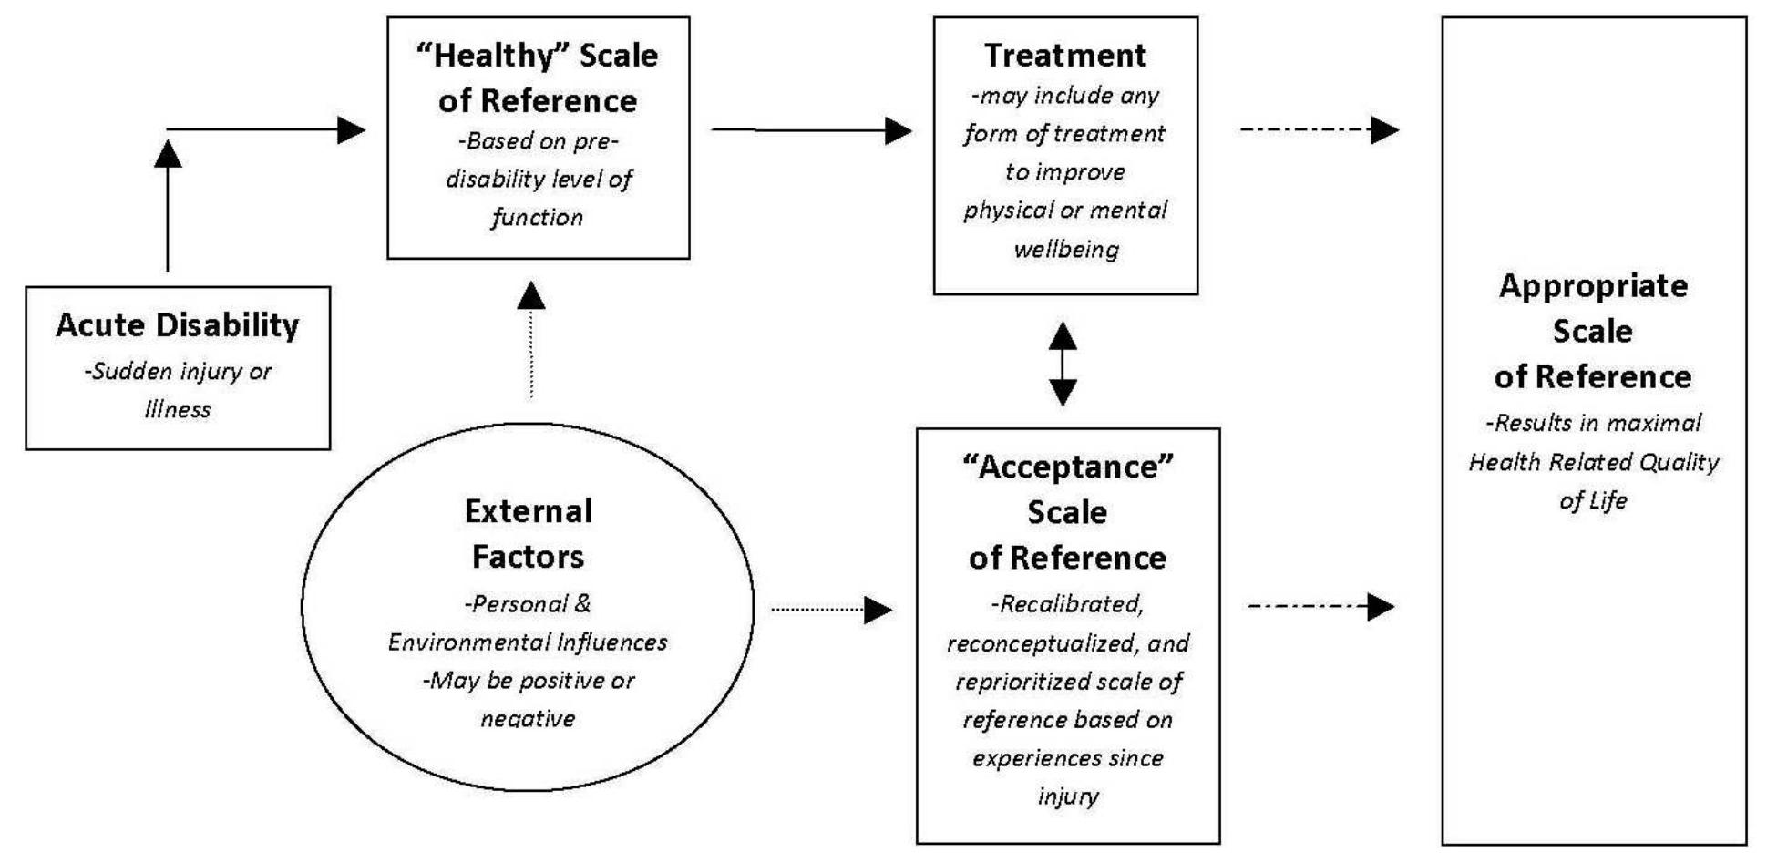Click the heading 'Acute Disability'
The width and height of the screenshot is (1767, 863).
[177, 325]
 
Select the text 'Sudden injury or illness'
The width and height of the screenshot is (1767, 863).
[178, 390]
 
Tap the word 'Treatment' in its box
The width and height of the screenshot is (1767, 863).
[1064, 56]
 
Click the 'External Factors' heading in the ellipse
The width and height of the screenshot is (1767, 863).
[528, 533]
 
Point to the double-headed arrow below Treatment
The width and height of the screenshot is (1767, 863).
[1063, 363]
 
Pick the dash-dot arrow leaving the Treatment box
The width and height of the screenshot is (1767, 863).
[1318, 130]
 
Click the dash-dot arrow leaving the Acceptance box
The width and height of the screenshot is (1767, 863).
[1320, 606]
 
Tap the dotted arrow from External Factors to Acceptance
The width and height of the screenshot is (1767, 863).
[829, 609]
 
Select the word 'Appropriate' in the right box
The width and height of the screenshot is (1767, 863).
[1593, 286]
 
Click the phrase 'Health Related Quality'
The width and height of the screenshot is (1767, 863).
[1593, 462]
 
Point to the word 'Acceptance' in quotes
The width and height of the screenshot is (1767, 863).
[1067, 467]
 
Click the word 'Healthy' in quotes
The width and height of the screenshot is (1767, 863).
[493, 56]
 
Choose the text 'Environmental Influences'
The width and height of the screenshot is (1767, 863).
[528, 642]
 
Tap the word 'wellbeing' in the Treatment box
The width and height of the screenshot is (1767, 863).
[1065, 249]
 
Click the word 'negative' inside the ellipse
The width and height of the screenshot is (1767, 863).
[528, 719]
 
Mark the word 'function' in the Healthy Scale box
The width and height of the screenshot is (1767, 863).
[537, 218]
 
